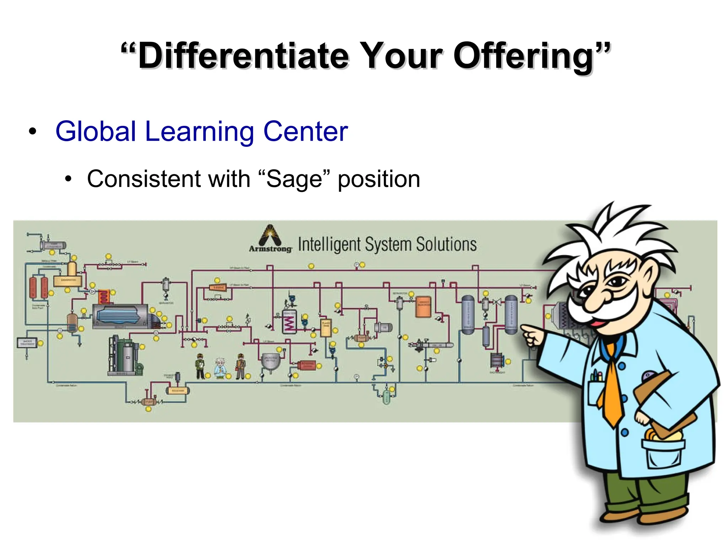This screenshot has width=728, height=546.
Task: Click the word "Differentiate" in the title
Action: click(243, 56)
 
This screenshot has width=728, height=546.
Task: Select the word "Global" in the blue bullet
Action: click(96, 132)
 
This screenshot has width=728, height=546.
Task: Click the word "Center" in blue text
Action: click(305, 132)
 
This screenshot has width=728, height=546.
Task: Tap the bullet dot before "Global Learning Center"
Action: click(33, 132)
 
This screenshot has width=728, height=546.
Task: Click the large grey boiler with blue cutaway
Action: click(120, 316)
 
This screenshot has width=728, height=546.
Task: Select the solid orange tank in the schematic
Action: click(423, 306)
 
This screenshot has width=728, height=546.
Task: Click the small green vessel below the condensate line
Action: click(386, 397)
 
